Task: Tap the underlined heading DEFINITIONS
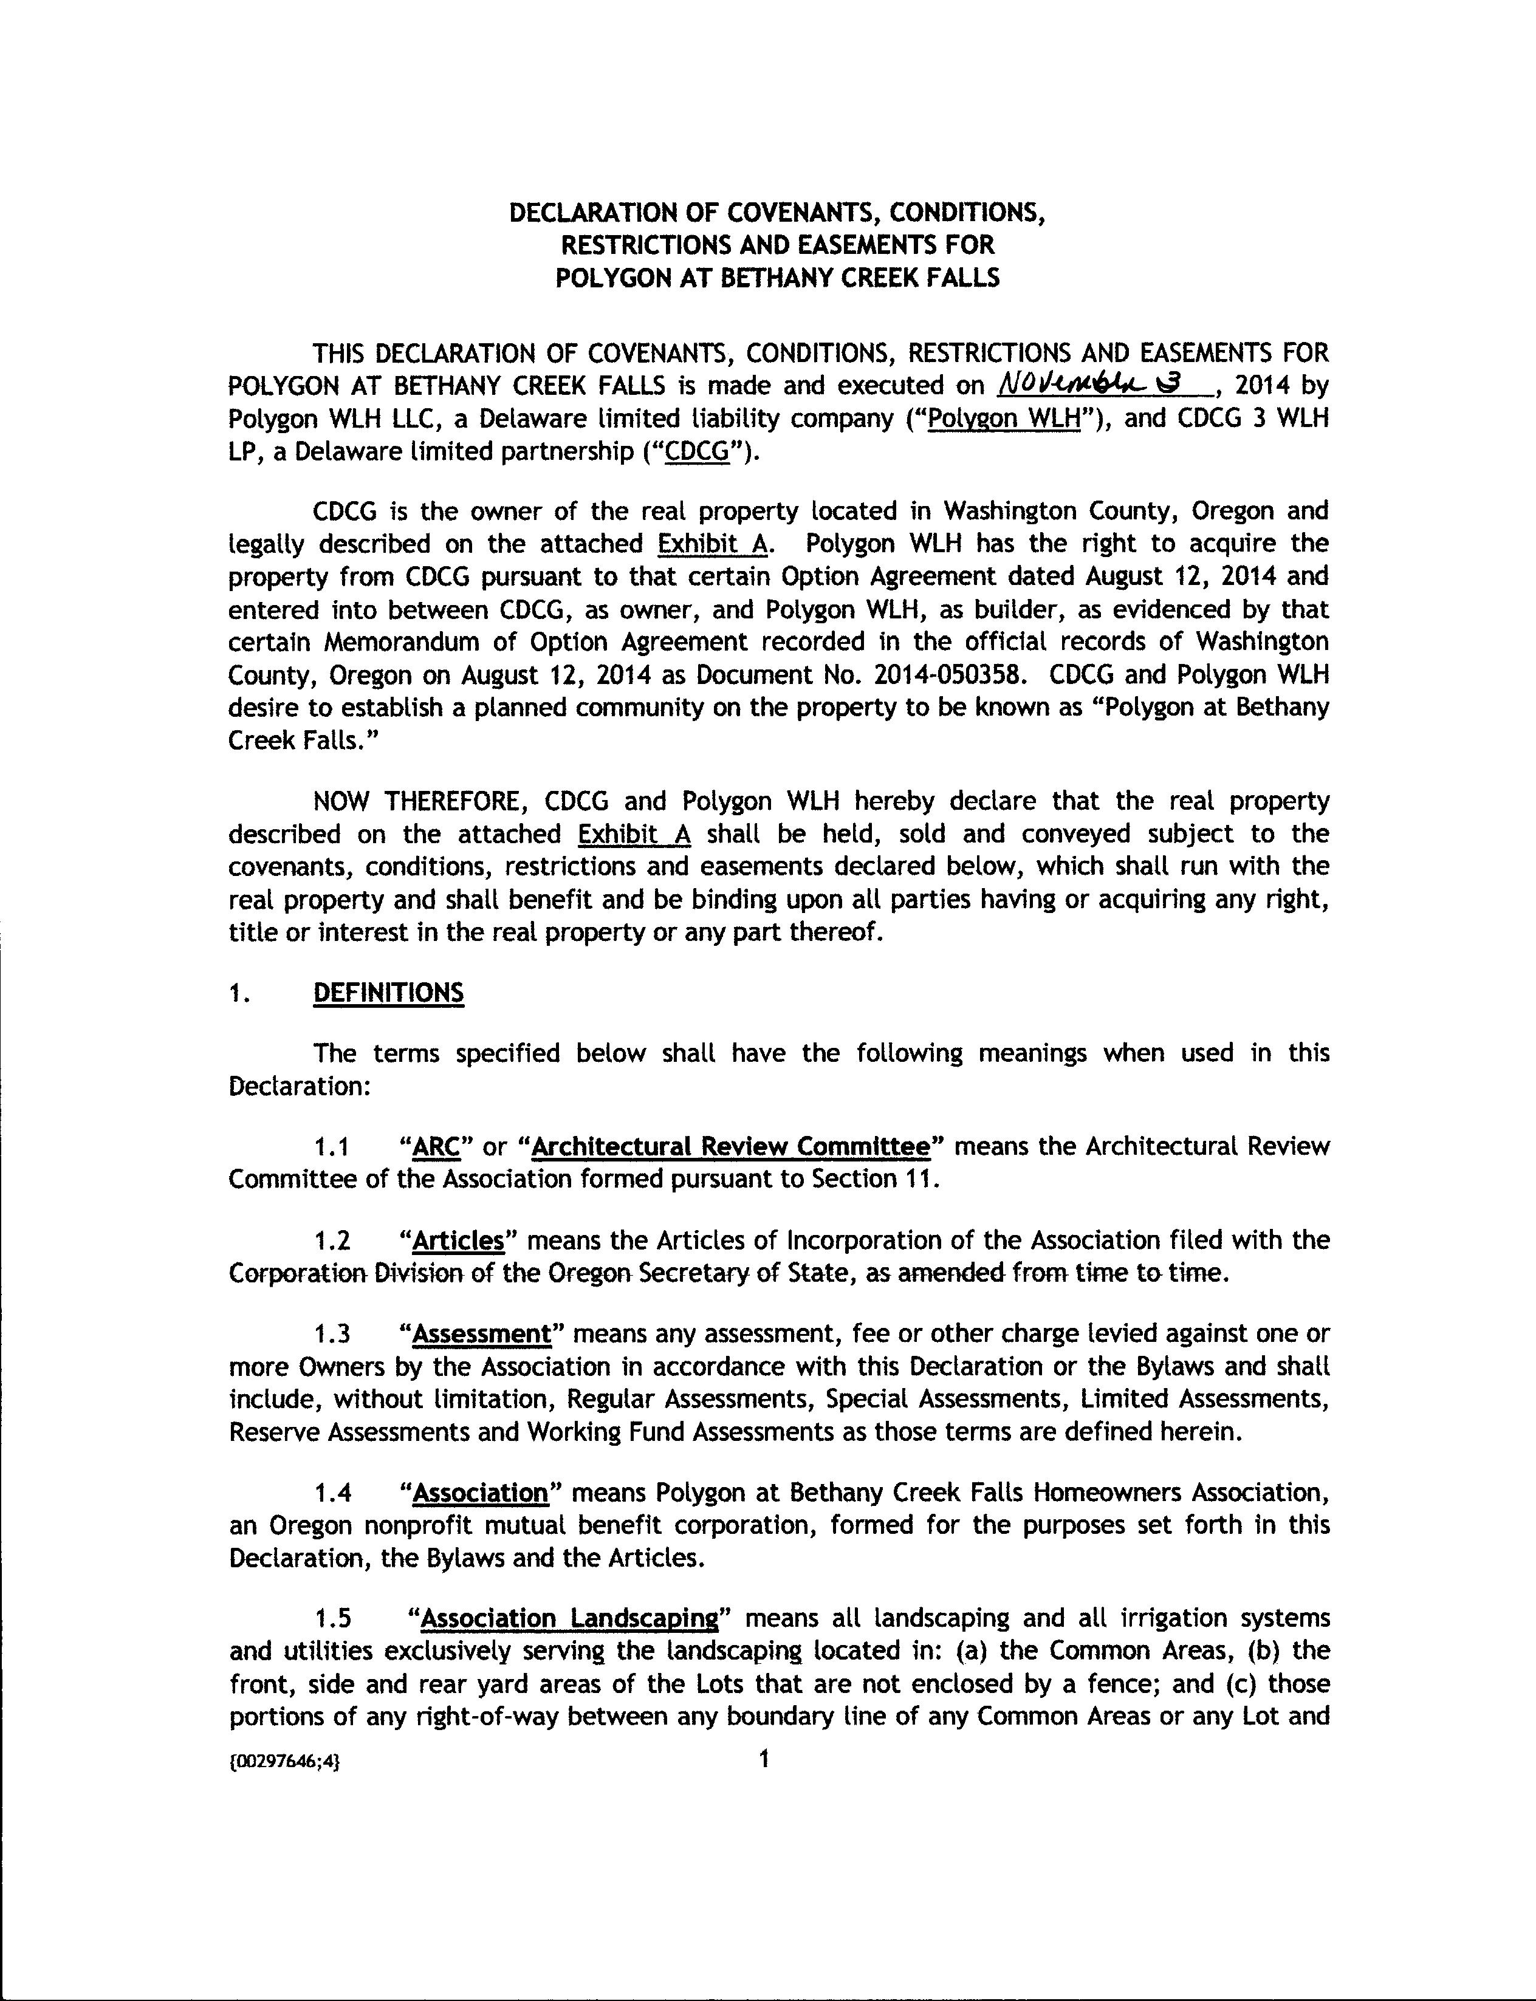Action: [389, 993]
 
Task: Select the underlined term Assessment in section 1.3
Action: [483, 1333]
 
